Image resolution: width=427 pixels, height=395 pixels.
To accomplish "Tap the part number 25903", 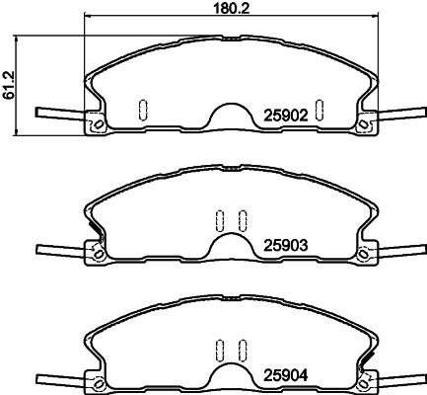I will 285,244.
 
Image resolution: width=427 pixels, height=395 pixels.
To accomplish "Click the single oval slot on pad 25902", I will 141,108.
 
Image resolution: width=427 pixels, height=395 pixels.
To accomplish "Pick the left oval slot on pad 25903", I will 220,220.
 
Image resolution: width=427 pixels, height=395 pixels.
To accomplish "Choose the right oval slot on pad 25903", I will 240,220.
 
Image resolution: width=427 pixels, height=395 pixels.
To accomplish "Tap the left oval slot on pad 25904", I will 220,349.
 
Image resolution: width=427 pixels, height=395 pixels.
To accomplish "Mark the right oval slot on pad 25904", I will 240,349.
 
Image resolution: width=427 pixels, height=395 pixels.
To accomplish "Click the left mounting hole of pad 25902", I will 98,124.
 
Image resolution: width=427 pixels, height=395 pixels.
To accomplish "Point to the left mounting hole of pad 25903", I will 98,254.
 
